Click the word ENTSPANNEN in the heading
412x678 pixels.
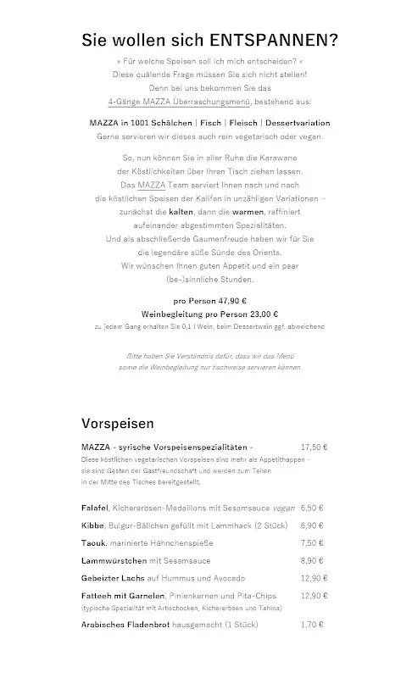pyautogui.click(x=270, y=40)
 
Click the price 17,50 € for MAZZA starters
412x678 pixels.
pyautogui.click(x=315, y=446)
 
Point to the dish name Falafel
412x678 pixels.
pyautogui.click(x=96, y=508)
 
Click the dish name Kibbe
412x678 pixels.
pyautogui.click(x=93, y=525)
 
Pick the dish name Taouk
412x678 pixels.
pyautogui.click(x=94, y=542)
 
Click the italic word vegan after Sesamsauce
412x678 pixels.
pyautogui.click(x=284, y=508)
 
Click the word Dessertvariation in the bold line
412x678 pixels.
pyautogui.click(x=292, y=123)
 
